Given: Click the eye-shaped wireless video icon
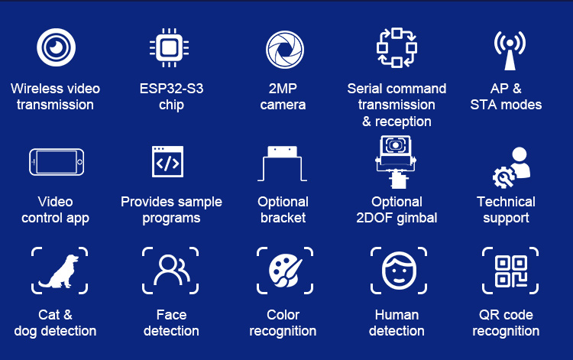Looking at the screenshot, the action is click(56, 47).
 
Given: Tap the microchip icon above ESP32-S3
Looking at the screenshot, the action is click(169, 47).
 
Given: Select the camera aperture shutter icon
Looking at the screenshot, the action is click(285, 50).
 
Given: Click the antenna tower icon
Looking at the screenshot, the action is click(510, 50).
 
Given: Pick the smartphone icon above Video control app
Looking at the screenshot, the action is click(57, 162).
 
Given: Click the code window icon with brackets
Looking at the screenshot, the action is click(168, 161).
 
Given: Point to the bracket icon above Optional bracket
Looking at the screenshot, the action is click(283, 164).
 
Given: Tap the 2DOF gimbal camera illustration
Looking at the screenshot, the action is click(396, 161).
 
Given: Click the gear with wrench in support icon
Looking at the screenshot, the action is click(503, 177).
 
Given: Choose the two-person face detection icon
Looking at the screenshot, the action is click(171, 271).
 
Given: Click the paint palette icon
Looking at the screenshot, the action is click(286, 271).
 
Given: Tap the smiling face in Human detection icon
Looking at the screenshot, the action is click(399, 271).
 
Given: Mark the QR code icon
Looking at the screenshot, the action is click(510, 271).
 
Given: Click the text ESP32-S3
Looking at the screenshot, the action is click(171, 89).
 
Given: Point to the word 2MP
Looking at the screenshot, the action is click(283, 89).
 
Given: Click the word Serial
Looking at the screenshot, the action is click(364, 89).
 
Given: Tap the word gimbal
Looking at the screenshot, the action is click(417, 218).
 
